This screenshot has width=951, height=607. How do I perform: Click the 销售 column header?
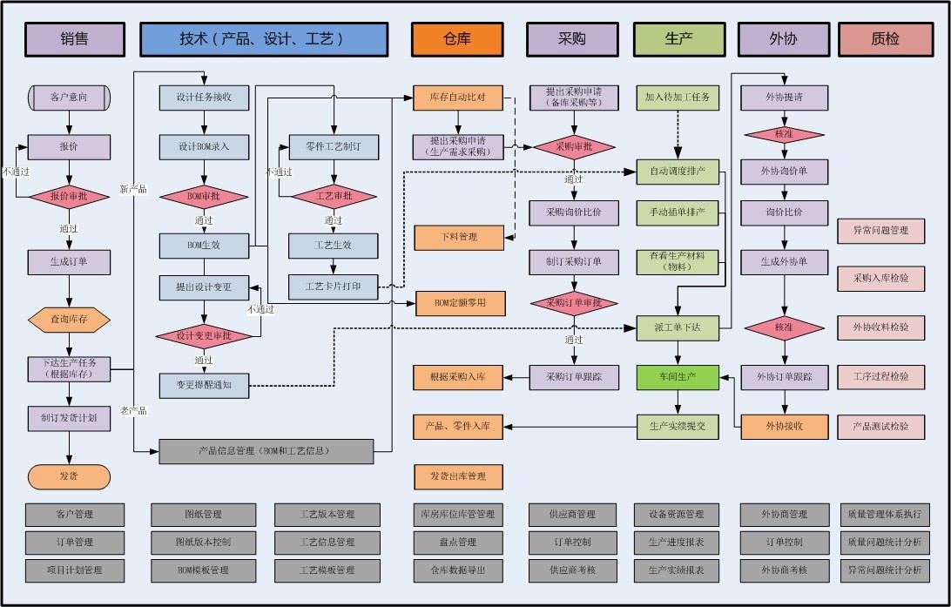point(74,39)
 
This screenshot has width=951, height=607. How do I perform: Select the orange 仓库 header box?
point(457,39)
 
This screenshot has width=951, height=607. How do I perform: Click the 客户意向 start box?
point(69,97)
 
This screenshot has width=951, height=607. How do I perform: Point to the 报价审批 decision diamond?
point(69,198)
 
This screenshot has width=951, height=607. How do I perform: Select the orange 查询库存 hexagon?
point(69,320)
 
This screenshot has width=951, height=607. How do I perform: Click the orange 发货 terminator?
point(69,477)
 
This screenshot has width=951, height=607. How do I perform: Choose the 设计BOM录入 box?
point(204,146)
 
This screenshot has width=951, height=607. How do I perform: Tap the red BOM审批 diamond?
point(204,197)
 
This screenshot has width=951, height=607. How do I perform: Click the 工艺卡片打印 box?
point(334,286)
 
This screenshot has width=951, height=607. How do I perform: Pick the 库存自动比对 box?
point(458,97)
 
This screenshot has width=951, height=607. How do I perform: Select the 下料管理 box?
point(458,237)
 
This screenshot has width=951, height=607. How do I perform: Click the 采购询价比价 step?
point(573,212)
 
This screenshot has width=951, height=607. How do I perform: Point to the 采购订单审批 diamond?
point(573,302)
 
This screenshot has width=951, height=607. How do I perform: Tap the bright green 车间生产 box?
point(678,377)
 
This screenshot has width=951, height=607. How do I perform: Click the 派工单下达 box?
point(678,327)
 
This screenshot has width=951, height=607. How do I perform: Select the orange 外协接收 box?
point(784,426)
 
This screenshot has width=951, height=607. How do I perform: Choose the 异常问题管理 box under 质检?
point(880,231)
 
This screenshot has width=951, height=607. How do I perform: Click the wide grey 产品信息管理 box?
point(266,451)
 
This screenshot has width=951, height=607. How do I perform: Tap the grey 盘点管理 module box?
point(458,543)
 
